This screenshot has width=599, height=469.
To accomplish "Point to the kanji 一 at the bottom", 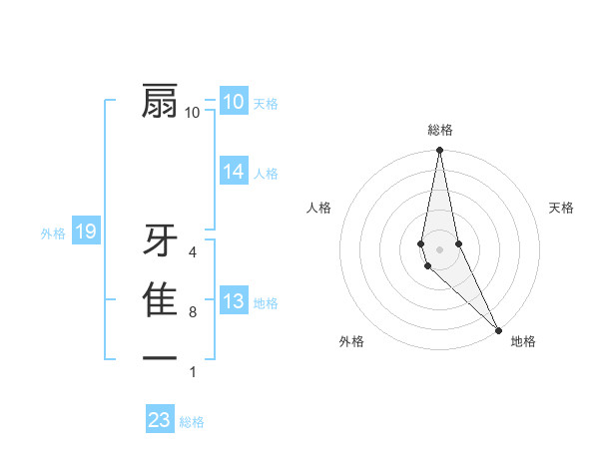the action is click(x=161, y=357).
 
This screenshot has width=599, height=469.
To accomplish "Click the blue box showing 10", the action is click(x=233, y=102).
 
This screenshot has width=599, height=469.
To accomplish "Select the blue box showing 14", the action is click(x=233, y=172).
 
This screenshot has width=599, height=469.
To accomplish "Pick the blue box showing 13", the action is click(x=233, y=301).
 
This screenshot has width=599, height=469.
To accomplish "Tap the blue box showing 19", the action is click(x=86, y=233).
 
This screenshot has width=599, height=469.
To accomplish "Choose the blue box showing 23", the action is click(x=160, y=420).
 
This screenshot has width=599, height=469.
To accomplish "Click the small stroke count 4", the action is click(x=193, y=252).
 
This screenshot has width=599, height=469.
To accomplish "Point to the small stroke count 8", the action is click(x=193, y=312).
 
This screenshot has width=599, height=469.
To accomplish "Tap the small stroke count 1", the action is click(x=193, y=371).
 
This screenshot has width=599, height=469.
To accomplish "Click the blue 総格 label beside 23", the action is click(x=192, y=422).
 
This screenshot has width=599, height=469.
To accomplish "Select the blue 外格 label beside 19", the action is click(x=53, y=234).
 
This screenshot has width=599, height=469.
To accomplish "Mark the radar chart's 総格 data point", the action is click(x=439, y=151).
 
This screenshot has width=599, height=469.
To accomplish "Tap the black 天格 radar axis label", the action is click(x=561, y=208).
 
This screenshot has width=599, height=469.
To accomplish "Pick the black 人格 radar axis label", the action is click(x=319, y=208).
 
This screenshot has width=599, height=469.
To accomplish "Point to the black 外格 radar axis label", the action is click(x=351, y=341).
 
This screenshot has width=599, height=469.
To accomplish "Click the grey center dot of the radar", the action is click(x=439, y=248).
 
